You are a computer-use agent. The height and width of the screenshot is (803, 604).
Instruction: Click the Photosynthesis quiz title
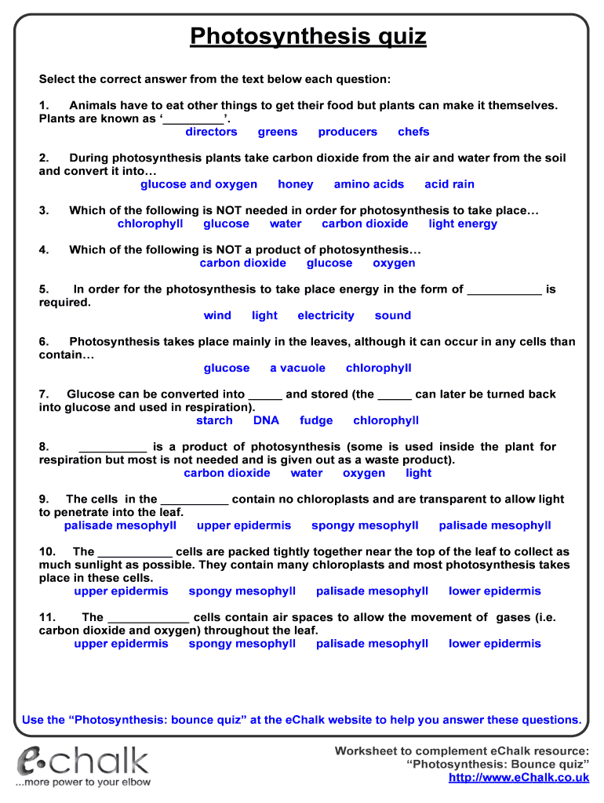[308, 36]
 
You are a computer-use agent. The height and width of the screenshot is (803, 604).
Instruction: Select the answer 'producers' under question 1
[347, 132]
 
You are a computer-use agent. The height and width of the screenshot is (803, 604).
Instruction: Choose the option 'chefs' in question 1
[413, 132]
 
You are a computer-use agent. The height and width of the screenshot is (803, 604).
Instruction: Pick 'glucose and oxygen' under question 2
[198, 184]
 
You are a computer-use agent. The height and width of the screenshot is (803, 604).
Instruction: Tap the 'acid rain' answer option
[449, 184]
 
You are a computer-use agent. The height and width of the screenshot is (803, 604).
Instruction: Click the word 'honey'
[295, 184]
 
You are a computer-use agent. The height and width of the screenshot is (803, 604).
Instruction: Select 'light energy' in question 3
[463, 223]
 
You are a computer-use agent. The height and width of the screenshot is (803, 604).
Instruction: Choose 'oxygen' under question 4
[394, 263]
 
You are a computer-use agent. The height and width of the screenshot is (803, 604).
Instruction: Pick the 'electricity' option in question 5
[326, 315]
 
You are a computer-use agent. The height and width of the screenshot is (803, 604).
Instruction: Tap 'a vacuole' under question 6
[297, 368]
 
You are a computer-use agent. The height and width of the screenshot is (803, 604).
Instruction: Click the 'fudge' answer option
[316, 420]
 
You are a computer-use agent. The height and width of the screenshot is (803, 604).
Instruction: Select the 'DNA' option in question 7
[266, 420]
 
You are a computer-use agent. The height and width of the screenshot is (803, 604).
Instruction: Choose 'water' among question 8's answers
[306, 473]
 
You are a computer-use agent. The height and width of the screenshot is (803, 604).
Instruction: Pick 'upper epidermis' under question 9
[244, 525]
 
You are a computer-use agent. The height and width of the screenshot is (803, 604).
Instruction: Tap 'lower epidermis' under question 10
[495, 591]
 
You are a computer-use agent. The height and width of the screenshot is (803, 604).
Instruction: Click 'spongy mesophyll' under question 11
[242, 644]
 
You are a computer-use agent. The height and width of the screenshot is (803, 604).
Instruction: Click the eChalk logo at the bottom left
[83, 765]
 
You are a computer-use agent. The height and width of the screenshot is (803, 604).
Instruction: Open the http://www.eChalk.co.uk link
[518, 777]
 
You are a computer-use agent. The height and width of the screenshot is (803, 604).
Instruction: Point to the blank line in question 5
[504, 290]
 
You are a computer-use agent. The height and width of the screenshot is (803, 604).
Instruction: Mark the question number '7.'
[44, 394]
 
